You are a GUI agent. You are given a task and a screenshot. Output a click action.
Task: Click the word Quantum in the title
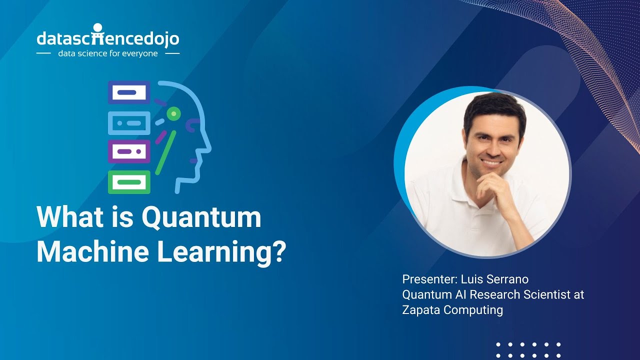point(201,218)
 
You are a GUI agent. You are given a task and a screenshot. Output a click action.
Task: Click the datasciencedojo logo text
point(108,38)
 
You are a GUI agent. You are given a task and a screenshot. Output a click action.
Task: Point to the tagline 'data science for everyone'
point(108,53)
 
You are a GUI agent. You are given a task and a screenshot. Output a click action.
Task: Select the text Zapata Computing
point(452,310)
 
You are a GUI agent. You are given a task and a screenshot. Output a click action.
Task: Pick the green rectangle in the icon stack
point(129,182)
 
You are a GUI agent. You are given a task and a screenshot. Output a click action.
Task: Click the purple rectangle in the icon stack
point(129,151)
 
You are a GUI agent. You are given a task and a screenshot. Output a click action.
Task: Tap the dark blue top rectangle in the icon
point(129,92)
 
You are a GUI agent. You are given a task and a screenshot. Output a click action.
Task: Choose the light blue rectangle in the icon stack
point(129,122)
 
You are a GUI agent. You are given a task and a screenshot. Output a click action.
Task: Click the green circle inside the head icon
point(173,114)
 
